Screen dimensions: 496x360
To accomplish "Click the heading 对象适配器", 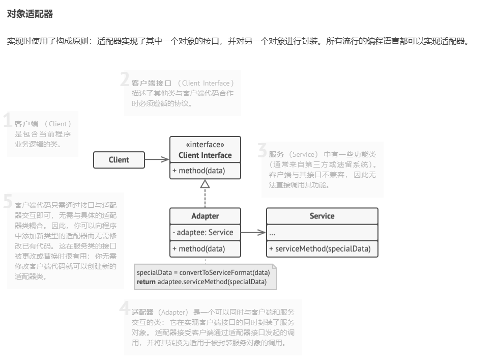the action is click(30, 14).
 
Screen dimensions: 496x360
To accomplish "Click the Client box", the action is click(119, 160).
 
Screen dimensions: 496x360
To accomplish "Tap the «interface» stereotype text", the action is click(205, 145).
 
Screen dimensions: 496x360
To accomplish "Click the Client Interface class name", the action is click(205, 155).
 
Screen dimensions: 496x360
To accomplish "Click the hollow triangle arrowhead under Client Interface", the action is click(205, 183).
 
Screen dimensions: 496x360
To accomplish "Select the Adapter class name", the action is click(205, 216).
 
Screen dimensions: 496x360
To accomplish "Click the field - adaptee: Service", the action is click(202, 233).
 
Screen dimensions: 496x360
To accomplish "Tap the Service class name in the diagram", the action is click(322, 216).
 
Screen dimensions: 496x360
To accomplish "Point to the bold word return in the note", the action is click(146, 282).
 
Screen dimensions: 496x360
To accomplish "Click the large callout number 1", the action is click(8, 121).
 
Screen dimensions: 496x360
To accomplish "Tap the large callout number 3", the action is click(262, 151).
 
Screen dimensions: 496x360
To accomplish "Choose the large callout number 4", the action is click(125, 308).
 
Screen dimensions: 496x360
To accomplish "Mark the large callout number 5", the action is click(8, 202).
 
